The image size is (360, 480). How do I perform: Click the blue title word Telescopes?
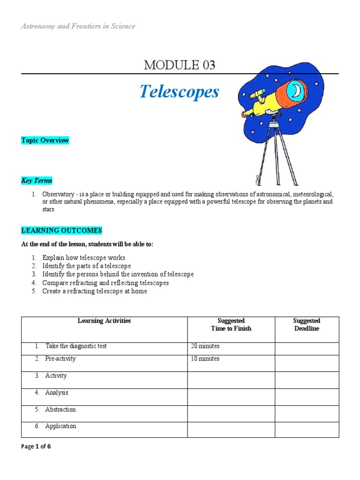[179, 92]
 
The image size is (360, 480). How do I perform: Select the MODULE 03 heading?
[180, 66]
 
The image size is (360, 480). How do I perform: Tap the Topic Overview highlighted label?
[45, 140]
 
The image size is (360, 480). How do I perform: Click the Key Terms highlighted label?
[37, 180]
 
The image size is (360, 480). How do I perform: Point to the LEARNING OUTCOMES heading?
[61, 230]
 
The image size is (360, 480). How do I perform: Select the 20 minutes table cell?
[205, 346]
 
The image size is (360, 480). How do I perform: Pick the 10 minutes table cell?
[205, 359]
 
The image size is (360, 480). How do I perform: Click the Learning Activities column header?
[104, 321]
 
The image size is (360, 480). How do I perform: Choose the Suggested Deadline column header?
[307, 325]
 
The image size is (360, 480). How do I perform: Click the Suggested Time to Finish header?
[231, 325]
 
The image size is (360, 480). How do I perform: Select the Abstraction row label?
[60, 410]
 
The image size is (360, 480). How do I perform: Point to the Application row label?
[60, 426]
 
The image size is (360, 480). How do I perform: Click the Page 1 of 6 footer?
[36, 447]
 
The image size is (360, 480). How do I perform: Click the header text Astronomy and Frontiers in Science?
[78, 26]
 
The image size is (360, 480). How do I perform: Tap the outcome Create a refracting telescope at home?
[94, 291]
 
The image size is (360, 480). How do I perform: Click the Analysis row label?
[57, 393]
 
